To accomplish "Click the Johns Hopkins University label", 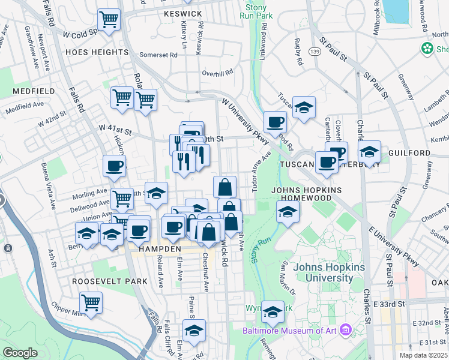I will (x=329, y=272).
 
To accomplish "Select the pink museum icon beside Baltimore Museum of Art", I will (x=345, y=330).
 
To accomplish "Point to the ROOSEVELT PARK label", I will (x=109, y=281).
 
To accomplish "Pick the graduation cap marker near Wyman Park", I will (x=273, y=311).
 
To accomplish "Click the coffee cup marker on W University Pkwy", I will (x=276, y=122).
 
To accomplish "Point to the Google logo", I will (x=20, y=353).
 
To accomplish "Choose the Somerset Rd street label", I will (x=158, y=55).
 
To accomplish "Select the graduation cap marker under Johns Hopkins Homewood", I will (x=288, y=212).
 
